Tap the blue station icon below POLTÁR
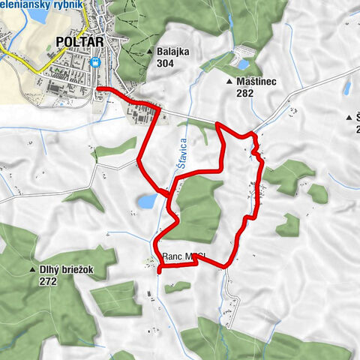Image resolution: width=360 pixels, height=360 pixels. [94, 63]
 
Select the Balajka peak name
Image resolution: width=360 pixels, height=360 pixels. [173, 52]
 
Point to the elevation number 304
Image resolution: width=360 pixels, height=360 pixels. [166, 64]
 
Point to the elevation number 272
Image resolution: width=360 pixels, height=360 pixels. [51, 282]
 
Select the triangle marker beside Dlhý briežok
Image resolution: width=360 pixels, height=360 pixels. [31, 270]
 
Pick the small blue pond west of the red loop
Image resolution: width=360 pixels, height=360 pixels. [148, 201]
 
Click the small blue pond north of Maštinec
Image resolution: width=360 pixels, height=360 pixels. [241, 55]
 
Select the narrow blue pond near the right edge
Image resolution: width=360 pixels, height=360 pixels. [347, 88]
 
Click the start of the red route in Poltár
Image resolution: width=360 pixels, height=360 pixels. [98, 88]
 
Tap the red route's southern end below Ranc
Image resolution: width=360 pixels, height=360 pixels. [159, 272]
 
